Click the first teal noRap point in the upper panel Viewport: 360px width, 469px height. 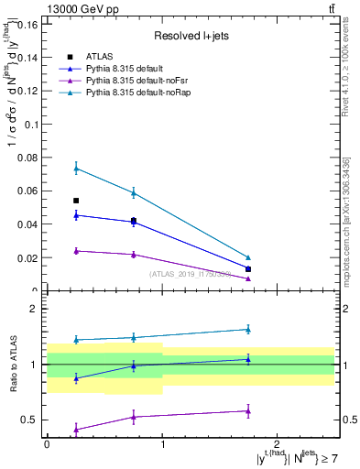(76, 168)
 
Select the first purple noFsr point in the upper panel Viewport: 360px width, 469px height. (76, 251)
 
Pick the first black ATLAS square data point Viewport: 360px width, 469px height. (76, 201)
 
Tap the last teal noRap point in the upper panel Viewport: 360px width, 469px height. (248, 257)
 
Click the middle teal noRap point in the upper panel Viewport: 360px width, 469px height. (134, 193)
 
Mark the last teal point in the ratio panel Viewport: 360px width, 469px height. (248, 329)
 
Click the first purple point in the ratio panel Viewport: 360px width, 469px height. (76, 429)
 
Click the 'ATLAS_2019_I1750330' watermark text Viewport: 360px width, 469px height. (189, 274)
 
